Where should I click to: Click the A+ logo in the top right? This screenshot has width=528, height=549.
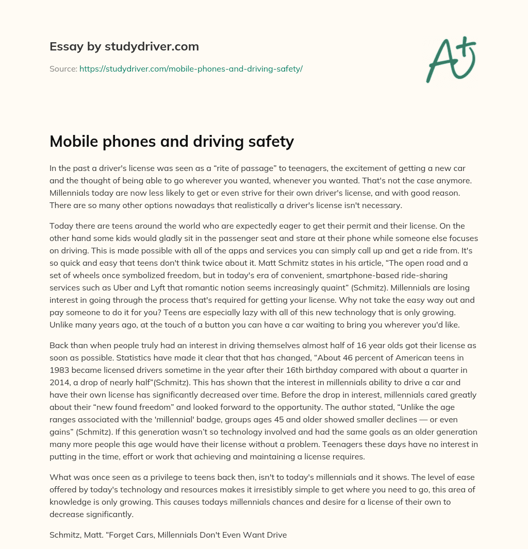coord(450,59)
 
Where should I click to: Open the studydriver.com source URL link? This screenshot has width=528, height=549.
coord(191,68)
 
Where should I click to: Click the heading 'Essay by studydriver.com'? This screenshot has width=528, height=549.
coord(124,46)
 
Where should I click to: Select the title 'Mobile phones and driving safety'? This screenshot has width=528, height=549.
coord(172,141)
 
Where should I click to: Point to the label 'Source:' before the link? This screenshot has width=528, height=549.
coord(63,68)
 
